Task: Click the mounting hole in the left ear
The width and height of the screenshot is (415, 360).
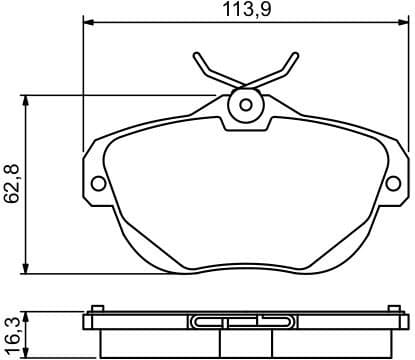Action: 98,183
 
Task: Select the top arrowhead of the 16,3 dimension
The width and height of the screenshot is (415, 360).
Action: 27,311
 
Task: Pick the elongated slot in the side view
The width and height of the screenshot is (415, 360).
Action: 244,322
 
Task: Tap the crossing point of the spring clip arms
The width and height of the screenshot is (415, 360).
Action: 244,80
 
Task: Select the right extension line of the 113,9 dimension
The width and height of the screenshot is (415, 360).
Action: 409,80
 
